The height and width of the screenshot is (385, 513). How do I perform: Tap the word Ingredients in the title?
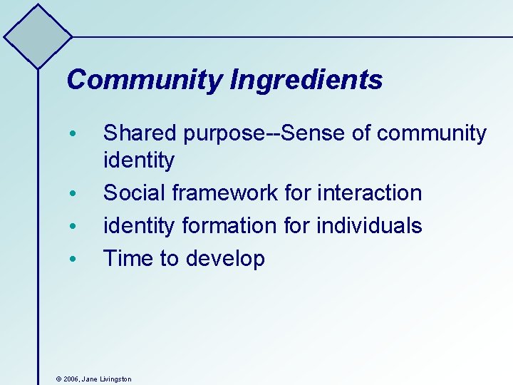tap(306, 81)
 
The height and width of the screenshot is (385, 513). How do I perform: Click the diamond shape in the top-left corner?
tap(38, 36)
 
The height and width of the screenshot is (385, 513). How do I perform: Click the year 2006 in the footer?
tap(71, 379)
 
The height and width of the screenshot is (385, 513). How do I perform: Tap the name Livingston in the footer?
tap(115, 379)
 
